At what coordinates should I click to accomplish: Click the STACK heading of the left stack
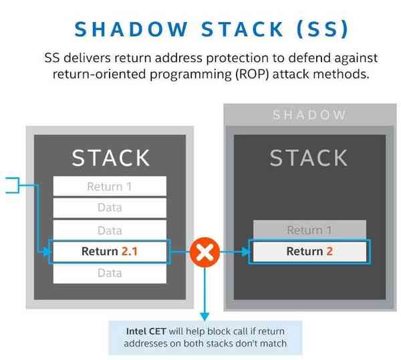pos(111,158)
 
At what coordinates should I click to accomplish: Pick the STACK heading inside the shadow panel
pos(309,158)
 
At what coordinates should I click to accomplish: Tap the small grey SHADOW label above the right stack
pos(309,115)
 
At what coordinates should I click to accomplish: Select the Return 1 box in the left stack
pos(110,186)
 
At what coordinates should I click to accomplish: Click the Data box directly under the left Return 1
pos(110,208)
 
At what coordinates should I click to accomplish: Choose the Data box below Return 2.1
pos(110,273)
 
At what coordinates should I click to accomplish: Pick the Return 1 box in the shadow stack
pos(309,230)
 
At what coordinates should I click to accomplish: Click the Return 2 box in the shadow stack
pos(309,252)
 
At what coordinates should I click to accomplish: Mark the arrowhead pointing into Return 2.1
pos(47,252)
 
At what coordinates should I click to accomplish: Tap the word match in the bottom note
pos(272,343)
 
